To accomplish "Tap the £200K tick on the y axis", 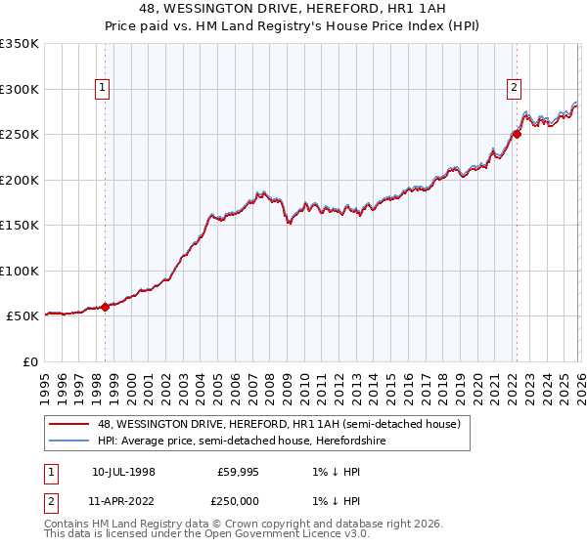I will (x=20, y=180).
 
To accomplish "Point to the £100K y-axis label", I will (x=20, y=271).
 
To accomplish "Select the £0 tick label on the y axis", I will (x=30, y=361).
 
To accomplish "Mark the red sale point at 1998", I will (x=105, y=307).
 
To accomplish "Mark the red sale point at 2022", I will (x=517, y=134).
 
